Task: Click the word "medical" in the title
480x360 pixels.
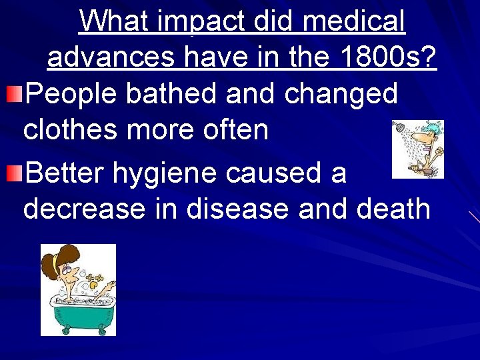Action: pos(353,22)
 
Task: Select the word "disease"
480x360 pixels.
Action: pos(239,209)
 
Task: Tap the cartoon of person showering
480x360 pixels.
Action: pos(417,149)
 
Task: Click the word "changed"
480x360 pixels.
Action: pos(341,94)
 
